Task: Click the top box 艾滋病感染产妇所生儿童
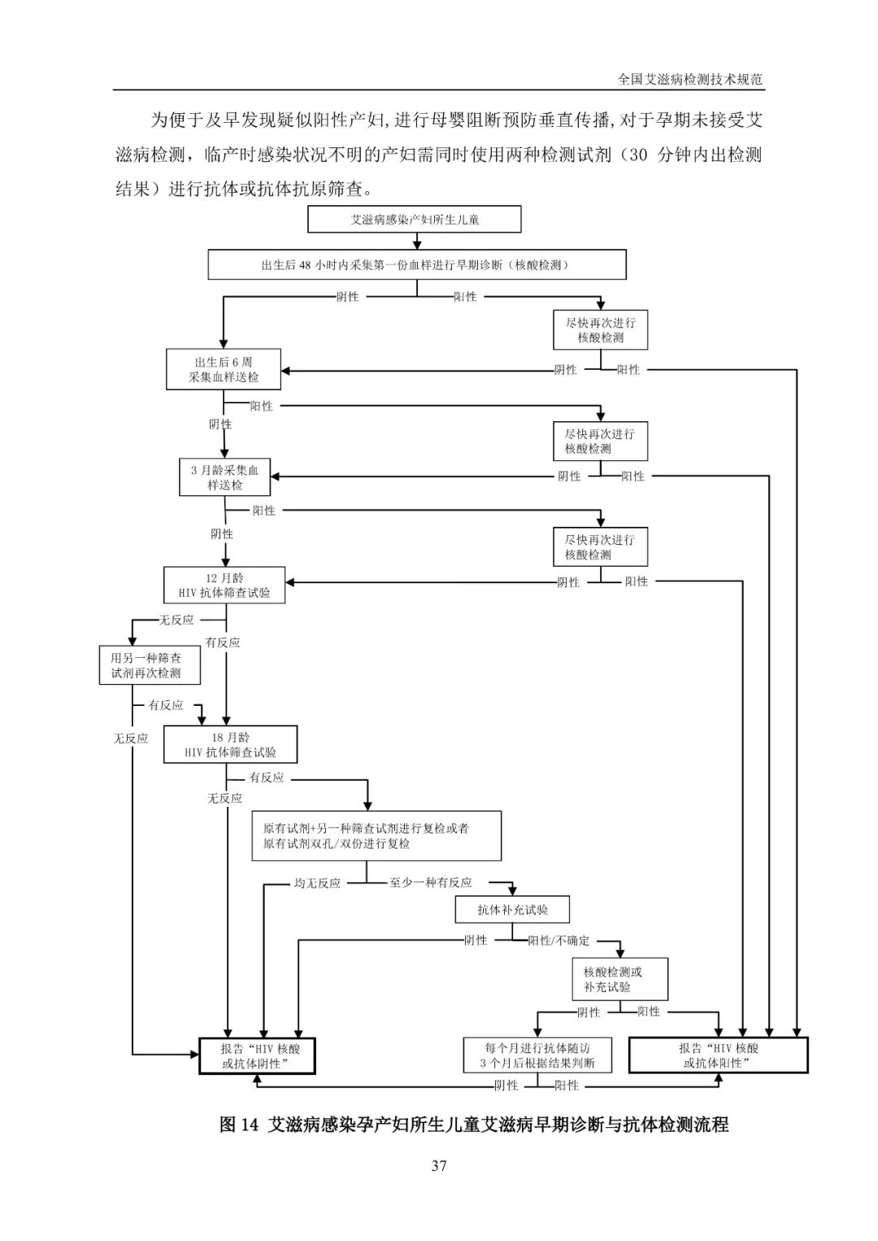[x=415, y=220]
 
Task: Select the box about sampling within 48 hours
[x=417, y=265]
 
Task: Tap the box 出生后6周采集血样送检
[x=224, y=369]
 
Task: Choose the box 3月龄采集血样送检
[x=225, y=477]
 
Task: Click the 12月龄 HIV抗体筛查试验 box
[x=224, y=585]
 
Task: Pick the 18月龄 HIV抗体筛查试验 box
[x=230, y=745]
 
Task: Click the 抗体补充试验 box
[x=512, y=910]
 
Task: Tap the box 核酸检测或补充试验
[x=619, y=979]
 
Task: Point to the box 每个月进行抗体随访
[x=538, y=1056]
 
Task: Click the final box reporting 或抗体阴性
[x=257, y=1056]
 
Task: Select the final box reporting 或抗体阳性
[x=719, y=1056]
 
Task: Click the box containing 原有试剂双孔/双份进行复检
[x=376, y=836]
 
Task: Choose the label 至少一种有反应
[x=430, y=883]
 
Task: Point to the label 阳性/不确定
[x=559, y=941]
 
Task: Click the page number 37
[x=439, y=1166]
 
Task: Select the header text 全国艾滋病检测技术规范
[x=690, y=80]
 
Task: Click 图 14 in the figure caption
[x=239, y=1122]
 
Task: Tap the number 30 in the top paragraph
[x=638, y=155]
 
